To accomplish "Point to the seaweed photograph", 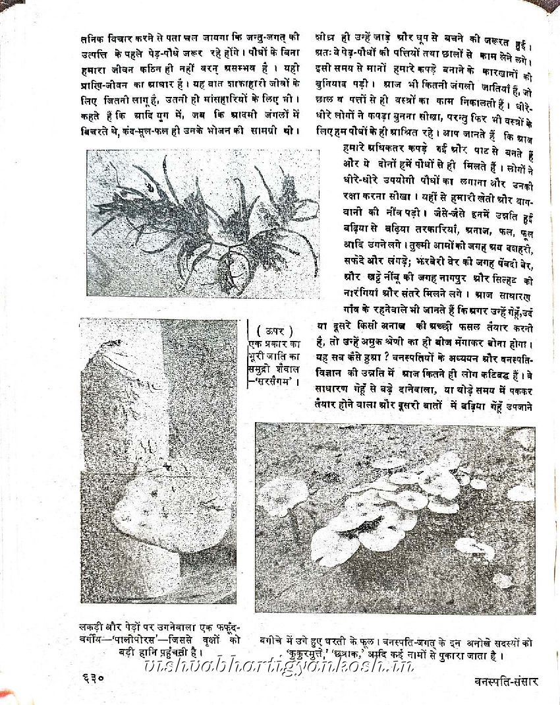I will coord(202,223).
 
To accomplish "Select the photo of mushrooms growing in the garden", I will coord(395,518).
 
